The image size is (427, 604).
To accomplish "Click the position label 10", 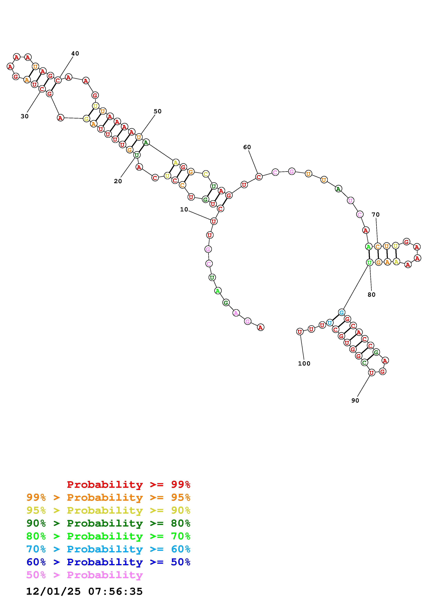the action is [x=184, y=209].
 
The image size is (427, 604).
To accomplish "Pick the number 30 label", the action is [x=24, y=116].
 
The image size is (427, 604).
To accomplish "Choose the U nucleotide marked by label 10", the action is [x=214, y=221].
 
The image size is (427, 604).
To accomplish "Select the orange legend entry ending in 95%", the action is [x=108, y=497].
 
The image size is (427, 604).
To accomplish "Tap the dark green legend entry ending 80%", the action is [x=108, y=523].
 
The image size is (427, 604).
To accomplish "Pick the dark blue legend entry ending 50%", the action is [x=108, y=562].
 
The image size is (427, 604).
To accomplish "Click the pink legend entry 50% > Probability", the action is [x=84, y=575].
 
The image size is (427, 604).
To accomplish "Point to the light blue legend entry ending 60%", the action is [x=108, y=549].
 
